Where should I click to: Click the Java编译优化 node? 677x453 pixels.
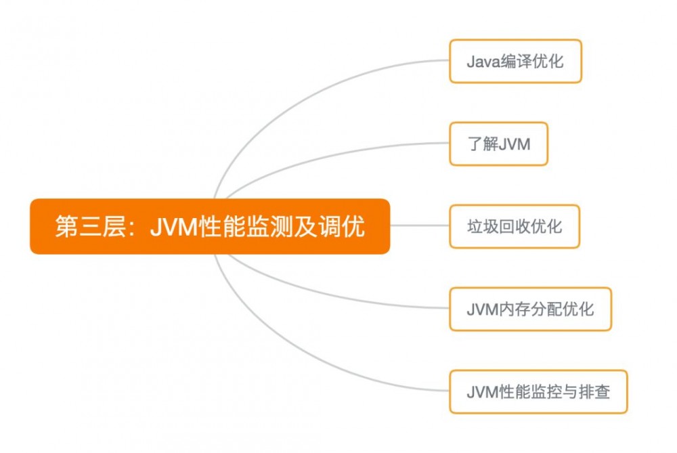(x=515, y=62)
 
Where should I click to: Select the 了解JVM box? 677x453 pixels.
(x=498, y=144)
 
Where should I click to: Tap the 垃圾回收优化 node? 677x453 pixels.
(x=515, y=226)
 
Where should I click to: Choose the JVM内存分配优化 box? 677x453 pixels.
(x=530, y=309)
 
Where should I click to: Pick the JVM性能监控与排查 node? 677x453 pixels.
(x=538, y=391)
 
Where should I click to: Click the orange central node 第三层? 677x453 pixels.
(x=210, y=226)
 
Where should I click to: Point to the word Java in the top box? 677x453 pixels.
(x=482, y=62)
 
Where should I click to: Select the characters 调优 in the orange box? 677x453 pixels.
(x=349, y=227)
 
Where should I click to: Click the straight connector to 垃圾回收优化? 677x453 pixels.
(x=420, y=226)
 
